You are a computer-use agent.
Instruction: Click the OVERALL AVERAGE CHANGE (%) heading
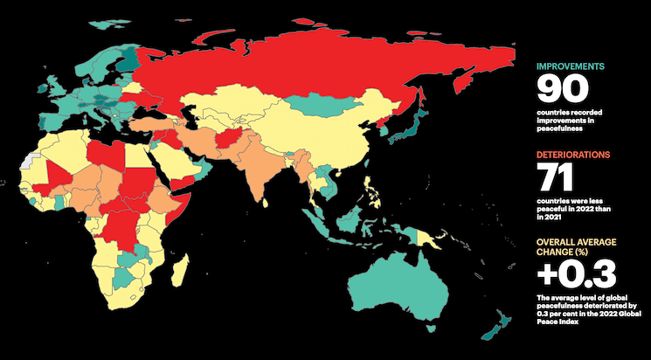[574, 245]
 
